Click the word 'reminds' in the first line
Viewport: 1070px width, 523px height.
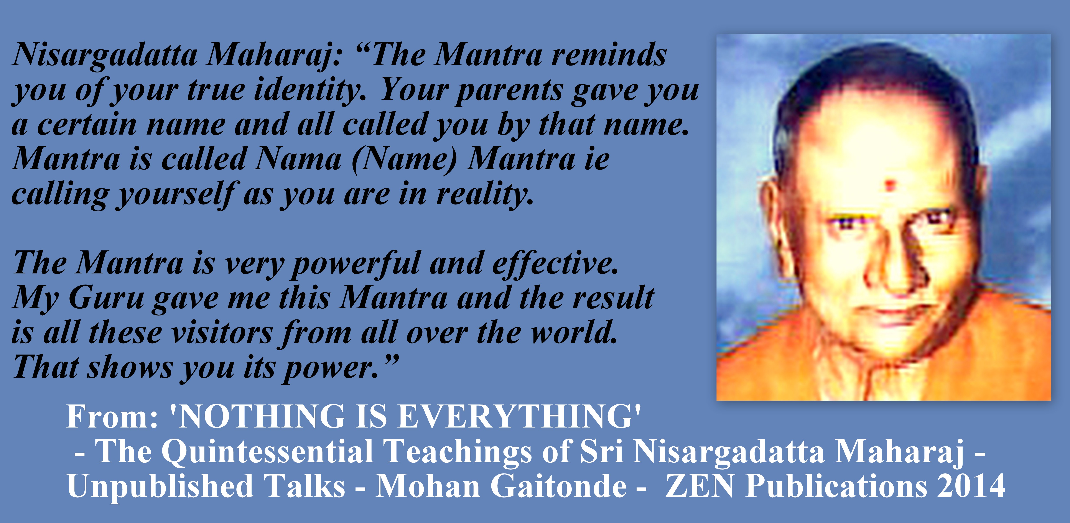(x=609, y=55)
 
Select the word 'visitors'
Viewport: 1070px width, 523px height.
(x=222, y=333)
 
